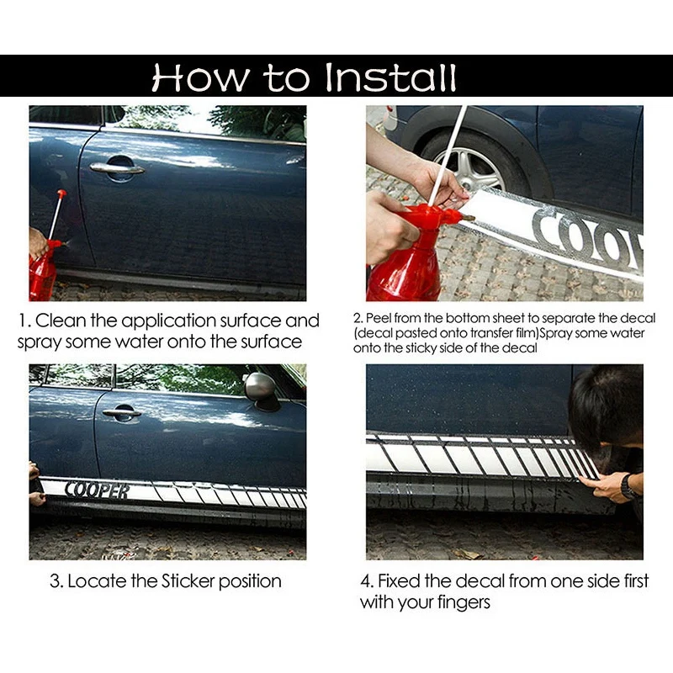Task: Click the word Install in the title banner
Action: (x=390, y=77)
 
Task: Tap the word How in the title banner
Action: (x=200, y=77)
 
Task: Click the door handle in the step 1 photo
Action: (x=117, y=167)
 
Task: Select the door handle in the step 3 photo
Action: (x=122, y=413)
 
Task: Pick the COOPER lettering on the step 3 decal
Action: (x=97, y=490)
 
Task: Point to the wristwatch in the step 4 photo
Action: (x=628, y=487)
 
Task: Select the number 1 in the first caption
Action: (x=23, y=321)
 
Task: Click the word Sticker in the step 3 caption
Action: (x=188, y=581)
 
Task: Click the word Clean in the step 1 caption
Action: (x=61, y=321)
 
